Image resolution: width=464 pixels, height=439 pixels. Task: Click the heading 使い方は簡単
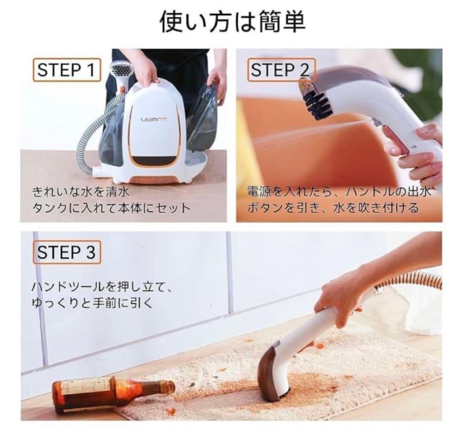(x=232, y=22)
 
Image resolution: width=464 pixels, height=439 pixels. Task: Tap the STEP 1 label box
(x=66, y=70)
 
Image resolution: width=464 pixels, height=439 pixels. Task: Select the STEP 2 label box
(x=280, y=70)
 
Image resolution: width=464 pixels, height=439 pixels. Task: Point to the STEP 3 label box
(x=66, y=252)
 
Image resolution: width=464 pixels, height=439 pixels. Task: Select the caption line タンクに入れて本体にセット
(x=111, y=208)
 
